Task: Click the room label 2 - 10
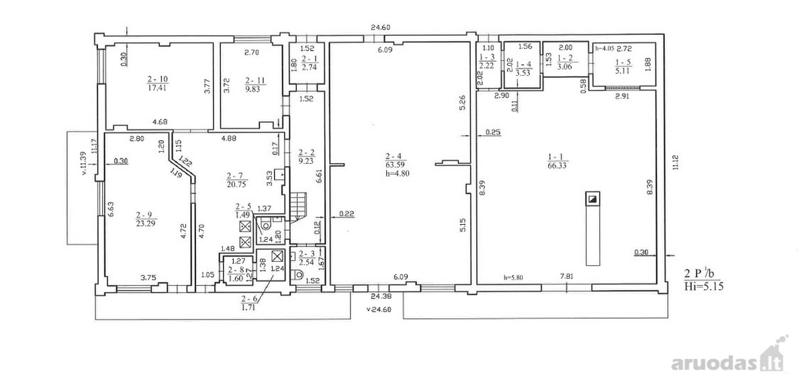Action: pos(157,79)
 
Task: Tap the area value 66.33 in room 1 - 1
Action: pos(557,166)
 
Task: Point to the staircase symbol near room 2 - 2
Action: pos(298,206)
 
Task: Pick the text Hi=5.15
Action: pos(703,287)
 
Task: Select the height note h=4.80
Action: pos(397,174)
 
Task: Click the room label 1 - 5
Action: pos(623,62)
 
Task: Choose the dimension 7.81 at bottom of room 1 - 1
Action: pos(567,276)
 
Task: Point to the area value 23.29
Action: pos(146,224)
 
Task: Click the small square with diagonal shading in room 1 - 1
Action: pos(592,199)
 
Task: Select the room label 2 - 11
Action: pos(255,81)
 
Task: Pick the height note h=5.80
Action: pos(513,277)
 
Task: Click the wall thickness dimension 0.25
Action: pos(493,132)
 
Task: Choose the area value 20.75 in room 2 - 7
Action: pos(236,185)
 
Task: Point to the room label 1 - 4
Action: pos(523,64)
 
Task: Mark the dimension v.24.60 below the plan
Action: pos(379,309)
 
